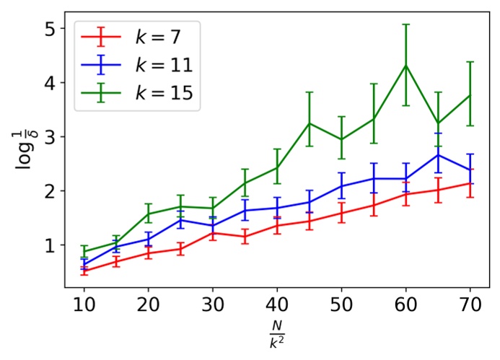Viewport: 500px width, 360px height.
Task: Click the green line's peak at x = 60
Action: (406, 66)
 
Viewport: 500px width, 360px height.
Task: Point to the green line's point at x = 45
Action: (310, 123)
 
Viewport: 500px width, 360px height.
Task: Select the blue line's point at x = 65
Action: (439, 154)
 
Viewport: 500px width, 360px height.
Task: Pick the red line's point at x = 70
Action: (470, 183)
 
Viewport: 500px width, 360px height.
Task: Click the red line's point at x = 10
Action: (84, 271)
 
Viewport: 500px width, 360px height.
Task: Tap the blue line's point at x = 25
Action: (180, 219)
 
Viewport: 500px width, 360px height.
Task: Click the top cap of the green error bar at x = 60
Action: (406, 25)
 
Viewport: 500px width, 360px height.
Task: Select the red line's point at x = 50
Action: (341, 212)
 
